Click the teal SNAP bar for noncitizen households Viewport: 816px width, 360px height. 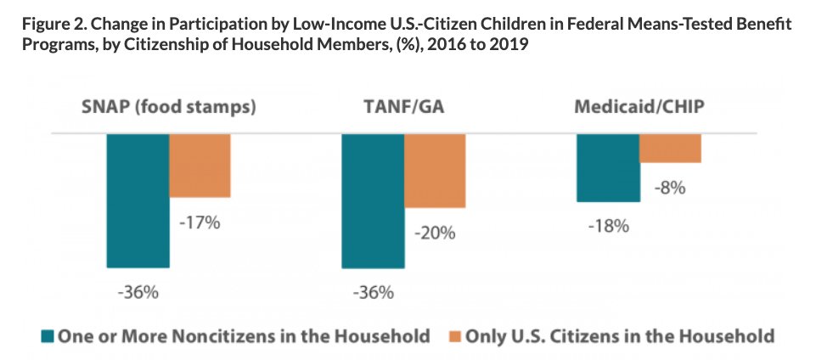point(138,200)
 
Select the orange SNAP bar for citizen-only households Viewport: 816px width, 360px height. point(200,166)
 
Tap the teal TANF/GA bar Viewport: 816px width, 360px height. point(372,200)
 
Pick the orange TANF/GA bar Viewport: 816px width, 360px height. point(435,171)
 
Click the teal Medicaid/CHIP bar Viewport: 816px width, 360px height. point(608,168)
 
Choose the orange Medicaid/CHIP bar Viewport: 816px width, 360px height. point(670,148)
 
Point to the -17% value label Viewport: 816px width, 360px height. point(200,223)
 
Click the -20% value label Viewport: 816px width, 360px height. point(436,233)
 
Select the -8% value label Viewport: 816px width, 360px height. point(670,188)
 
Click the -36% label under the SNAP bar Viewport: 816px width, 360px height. point(138,293)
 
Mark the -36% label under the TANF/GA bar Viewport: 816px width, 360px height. point(372,293)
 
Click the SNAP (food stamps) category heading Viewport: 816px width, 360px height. point(168,108)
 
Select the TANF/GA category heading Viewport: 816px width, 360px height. point(403,108)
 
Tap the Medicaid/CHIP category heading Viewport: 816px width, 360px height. point(639,108)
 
